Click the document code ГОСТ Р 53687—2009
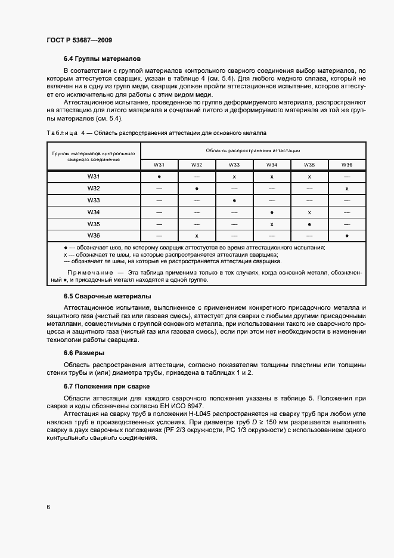click(79, 40)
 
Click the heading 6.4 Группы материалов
click(102, 60)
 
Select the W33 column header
click(234, 164)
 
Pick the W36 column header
click(347, 164)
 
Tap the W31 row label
click(93, 177)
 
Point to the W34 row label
click(93, 212)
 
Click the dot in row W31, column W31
click(159, 177)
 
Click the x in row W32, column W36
click(347, 189)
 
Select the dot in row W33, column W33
click(234, 201)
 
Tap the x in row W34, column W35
click(309, 212)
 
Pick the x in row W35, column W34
click(272, 224)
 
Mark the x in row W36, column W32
click(197, 236)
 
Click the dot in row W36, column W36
click(347, 236)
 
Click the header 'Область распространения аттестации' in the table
click(253, 150)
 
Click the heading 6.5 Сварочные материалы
click(107, 296)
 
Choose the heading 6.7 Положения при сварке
click(107, 387)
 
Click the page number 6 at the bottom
click(48, 507)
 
